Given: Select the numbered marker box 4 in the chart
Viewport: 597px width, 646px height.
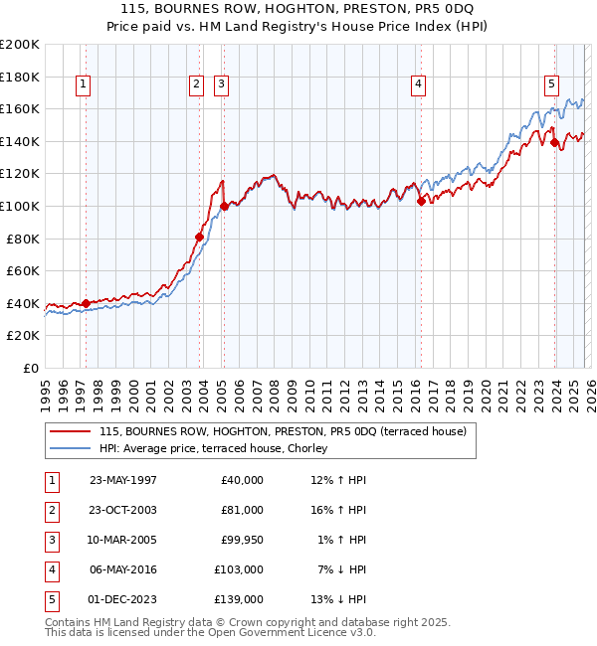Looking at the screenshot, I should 419,85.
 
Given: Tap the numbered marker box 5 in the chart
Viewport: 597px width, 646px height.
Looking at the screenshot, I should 551,85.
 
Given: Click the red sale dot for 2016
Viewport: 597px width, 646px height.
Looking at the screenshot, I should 421,201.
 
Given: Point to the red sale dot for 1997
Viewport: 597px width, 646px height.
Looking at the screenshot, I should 87,303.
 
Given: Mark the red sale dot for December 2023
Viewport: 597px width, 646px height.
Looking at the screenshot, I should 554,142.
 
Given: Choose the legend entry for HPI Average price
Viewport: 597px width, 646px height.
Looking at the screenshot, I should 220,448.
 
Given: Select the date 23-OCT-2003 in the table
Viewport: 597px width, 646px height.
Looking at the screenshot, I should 123,510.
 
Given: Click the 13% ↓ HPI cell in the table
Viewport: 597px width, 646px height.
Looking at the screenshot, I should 339,599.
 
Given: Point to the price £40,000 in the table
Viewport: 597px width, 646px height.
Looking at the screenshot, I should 242,480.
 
